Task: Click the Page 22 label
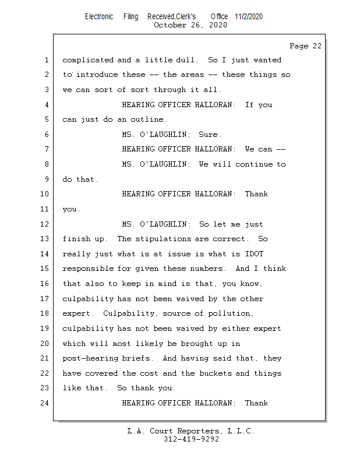(305, 46)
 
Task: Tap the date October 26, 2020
(190, 25)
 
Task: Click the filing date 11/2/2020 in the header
(249, 16)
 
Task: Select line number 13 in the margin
(45, 239)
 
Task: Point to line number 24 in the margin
(45, 403)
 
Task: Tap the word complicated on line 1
(87, 60)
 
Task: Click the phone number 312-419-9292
(190, 439)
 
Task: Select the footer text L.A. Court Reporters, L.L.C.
(190, 431)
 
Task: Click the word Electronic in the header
(99, 16)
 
